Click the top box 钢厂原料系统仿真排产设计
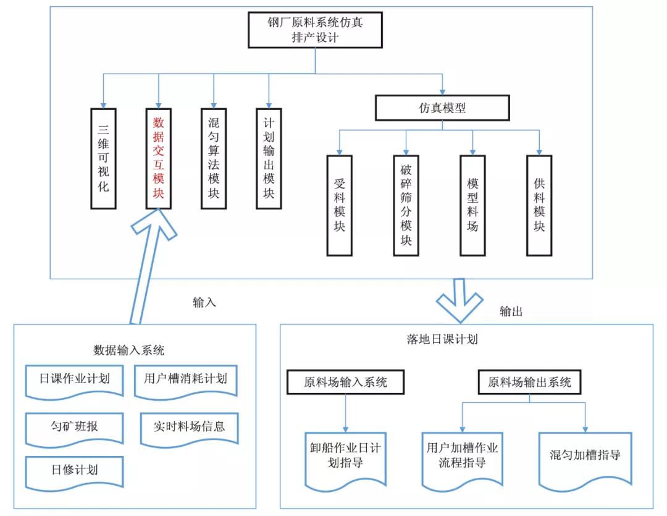coord(315,30)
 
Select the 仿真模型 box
coord(442,108)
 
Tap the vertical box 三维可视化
coord(103,158)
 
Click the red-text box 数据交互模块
coord(159,158)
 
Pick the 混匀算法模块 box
coord(214,158)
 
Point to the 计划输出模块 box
coord(269,158)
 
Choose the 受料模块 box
coord(340,205)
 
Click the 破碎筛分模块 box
coord(406,205)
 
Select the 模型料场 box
coord(472,205)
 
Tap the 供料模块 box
coord(539,205)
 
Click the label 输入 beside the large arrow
coord(204,302)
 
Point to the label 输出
coord(511,311)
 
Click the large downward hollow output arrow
coord(459,300)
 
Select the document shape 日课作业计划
coord(75,382)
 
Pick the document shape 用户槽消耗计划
coord(185,382)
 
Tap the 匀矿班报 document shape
coord(75,429)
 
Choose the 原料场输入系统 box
coord(345,382)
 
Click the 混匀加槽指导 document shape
coord(585,460)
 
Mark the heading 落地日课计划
coord(442,339)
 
